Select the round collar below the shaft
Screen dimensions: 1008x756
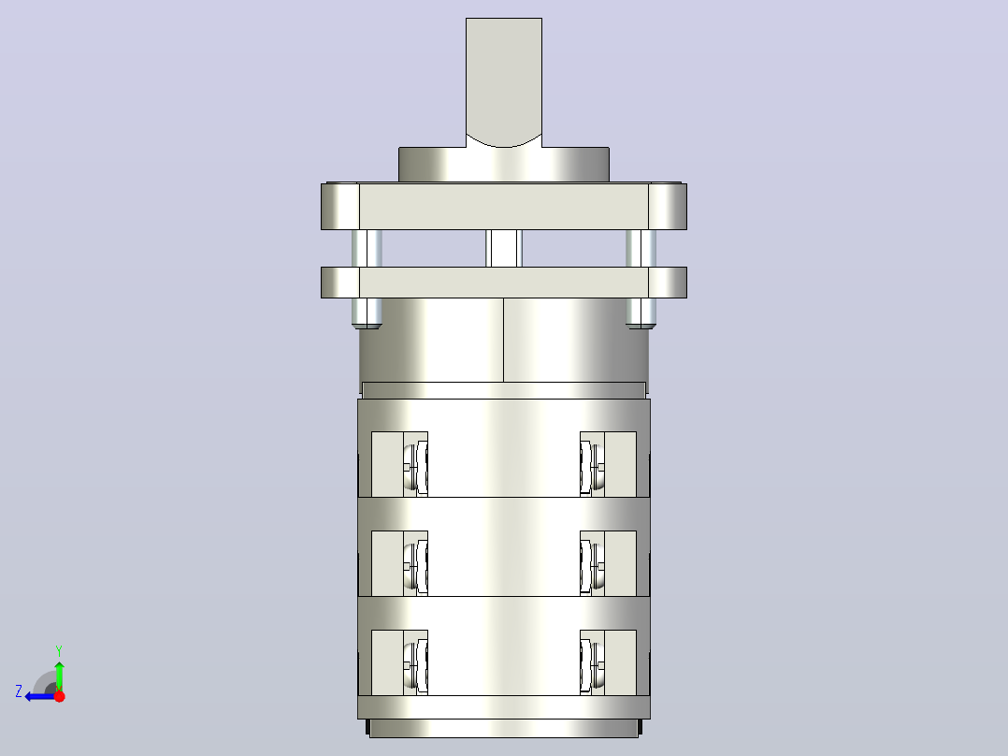coord(503,166)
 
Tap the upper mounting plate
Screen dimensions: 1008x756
coord(503,206)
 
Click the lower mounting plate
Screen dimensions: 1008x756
coord(503,283)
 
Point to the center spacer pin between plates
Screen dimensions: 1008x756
coord(504,248)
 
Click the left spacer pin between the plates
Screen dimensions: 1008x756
coord(367,248)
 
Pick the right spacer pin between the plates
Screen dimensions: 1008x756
coord(641,248)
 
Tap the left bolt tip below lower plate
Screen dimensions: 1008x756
coord(367,313)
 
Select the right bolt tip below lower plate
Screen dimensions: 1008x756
coord(641,313)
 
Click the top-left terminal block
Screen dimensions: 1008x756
coord(399,464)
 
